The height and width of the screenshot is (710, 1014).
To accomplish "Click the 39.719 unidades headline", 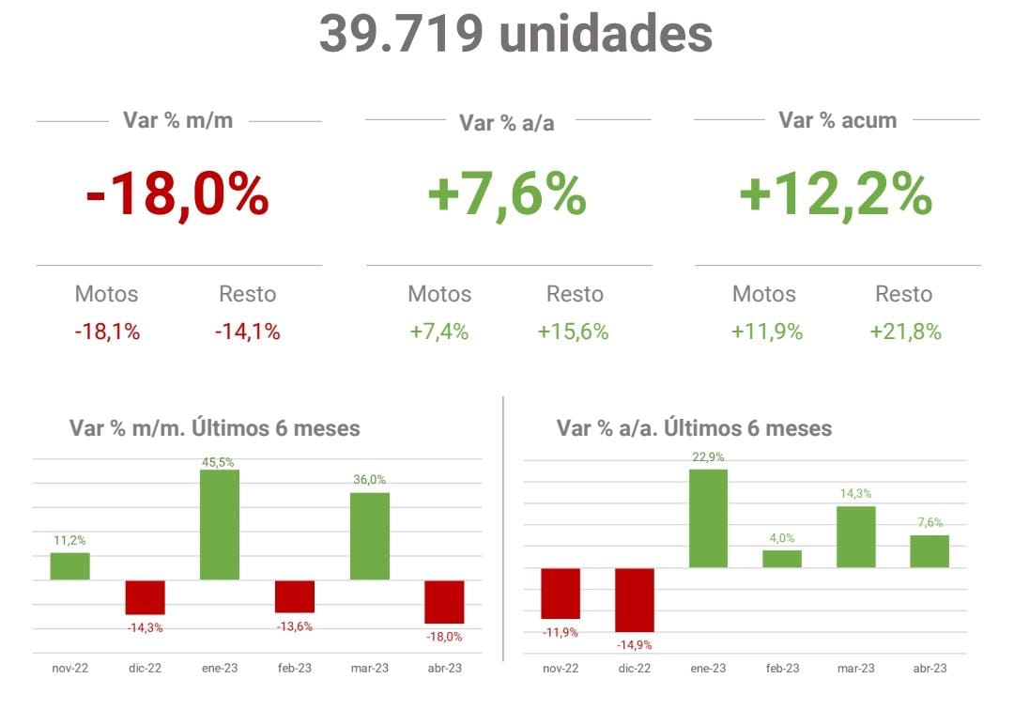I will [x=515, y=34].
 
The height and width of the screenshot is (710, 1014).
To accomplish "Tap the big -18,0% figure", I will [x=177, y=196].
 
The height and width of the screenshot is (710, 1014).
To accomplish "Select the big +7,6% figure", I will [x=507, y=196].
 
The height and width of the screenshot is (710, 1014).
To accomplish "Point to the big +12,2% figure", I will [x=836, y=196].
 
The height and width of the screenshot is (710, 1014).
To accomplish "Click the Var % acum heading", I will [x=837, y=120].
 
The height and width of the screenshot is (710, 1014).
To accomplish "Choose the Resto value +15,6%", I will [x=574, y=332].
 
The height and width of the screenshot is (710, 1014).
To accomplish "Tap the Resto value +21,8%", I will [x=905, y=332].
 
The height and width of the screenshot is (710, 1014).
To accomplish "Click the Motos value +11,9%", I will [x=766, y=332].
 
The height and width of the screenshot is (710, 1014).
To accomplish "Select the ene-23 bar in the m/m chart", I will [x=220, y=524].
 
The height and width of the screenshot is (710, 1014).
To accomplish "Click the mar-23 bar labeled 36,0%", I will [x=369, y=536].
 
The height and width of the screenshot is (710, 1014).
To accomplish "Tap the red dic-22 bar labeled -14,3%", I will [x=146, y=597].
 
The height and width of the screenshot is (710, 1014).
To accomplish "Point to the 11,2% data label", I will [x=69, y=540].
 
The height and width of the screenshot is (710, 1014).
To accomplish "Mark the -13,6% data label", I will [x=295, y=626].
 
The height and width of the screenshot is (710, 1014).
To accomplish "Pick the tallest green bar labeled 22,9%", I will [x=708, y=518].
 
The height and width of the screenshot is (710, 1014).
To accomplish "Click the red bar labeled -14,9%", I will [x=635, y=599].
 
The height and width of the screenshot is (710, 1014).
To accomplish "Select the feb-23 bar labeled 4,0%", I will [x=782, y=559].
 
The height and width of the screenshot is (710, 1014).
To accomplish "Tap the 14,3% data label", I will [x=855, y=493].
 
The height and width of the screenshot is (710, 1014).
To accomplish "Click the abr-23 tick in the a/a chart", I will [x=929, y=668].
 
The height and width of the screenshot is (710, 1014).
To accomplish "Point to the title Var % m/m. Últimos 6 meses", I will [x=215, y=428].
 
